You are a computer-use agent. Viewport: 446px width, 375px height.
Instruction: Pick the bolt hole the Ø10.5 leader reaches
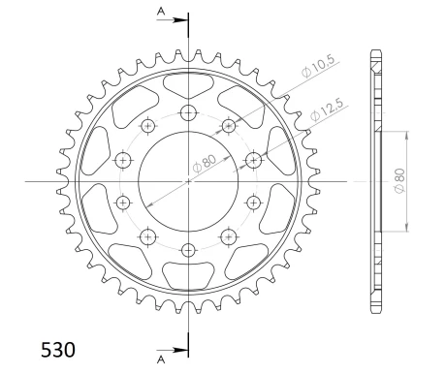pos(230,124)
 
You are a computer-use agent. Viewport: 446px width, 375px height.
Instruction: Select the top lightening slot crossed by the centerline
pos(188,85)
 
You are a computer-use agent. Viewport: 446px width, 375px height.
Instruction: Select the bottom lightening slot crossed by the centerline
pos(188,275)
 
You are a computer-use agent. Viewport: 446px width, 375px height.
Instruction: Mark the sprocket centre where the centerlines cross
pos(188,181)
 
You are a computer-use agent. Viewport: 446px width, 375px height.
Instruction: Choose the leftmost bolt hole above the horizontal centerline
pos(123,160)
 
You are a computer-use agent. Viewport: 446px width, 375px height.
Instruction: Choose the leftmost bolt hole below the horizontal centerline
pos(123,202)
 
